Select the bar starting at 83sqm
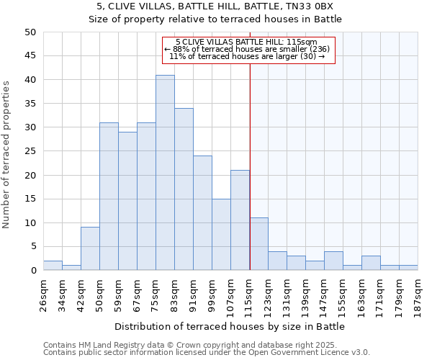(184, 189)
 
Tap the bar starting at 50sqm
(109, 197)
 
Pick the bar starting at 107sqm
(240, 220)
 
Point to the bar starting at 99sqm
(221, 235)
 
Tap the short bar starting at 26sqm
(53, 266)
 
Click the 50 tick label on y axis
(30, 32)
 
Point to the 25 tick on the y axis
(30, 151)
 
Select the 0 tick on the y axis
(32, 271)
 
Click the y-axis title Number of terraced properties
(6, 155)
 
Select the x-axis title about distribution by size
(230, 326)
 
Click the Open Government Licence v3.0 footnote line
(207, 352)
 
